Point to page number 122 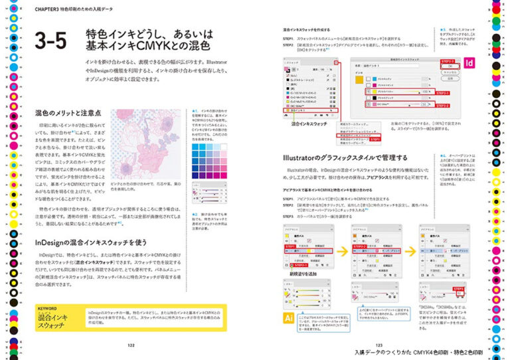point(131,344)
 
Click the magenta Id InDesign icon point(469,64)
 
